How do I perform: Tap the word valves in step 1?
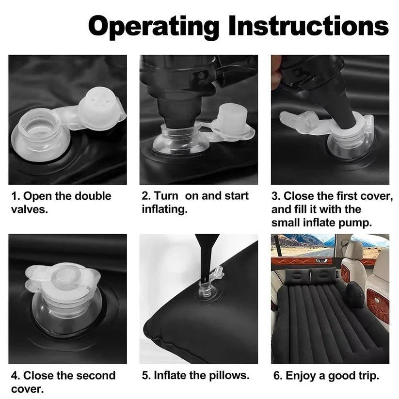click(x=30, y=209)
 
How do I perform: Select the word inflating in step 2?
click(x=165, y=209)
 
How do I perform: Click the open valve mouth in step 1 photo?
click(x=40, y=127)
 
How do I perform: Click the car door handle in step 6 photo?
click(x=321, y=260)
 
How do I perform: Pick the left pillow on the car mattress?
click(x=297, y=276)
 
